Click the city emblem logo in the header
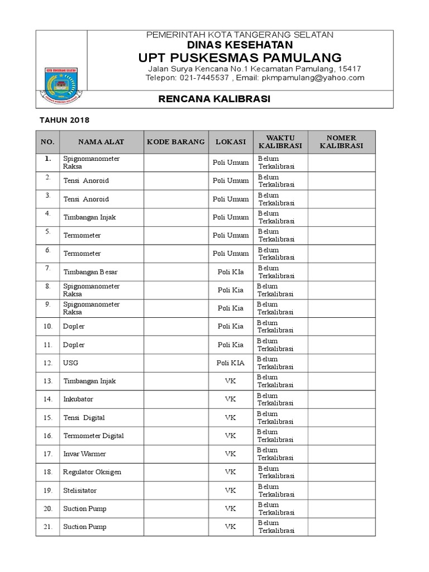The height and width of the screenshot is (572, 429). click(61, 79)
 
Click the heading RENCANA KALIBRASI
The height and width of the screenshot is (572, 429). click(207, 99)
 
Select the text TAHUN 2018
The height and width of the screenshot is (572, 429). click(64, 120)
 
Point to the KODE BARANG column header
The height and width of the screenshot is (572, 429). click(175, 142)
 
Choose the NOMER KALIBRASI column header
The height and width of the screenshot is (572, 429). click(341, 142)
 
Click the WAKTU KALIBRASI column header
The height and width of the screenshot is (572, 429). click(280, 142)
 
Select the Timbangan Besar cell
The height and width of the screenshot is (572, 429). click(90, 272)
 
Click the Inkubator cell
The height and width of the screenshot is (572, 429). click(78, 399)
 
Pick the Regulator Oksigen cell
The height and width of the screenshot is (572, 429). click(92, 472)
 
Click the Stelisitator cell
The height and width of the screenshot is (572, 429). click(80, 490)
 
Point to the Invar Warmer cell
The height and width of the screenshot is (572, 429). click(84, 454)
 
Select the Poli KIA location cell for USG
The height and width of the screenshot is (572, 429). click(230, 363)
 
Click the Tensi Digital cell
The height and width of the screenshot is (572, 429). click(84, 418)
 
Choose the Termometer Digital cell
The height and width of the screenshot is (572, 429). click(93, 436)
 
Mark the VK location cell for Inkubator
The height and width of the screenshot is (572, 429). click(230, 399)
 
